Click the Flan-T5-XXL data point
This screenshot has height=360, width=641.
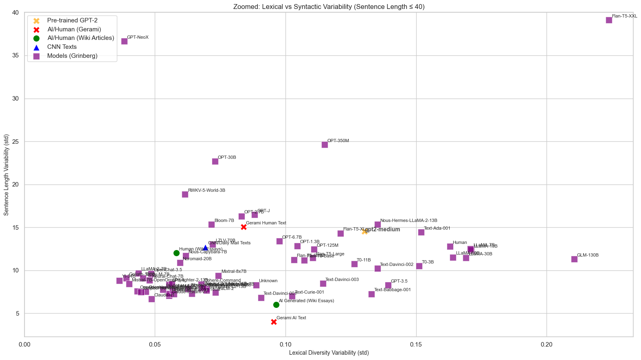pyautogui.click(x=609, y=20)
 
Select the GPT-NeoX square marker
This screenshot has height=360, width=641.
pyautogui.click(x=124, y=41)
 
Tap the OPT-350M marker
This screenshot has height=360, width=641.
pyautogui.click(x=325, y=145)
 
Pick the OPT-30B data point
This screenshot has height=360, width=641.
pyautogui.click(x=215, y=161)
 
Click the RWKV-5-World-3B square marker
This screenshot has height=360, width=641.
pyautogui.click(x=185, y=194)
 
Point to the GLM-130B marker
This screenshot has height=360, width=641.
pyautogui.click(x=574, y=259)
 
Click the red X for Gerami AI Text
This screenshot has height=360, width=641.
pyautogui.click(x=274, y=322)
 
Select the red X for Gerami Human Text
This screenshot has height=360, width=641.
pyautogui.click(x=244, y=227)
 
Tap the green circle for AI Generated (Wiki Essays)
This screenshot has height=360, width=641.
pyautogui.click(x=276, y=305)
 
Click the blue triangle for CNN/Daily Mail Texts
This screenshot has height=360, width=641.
pyautogui.click(x=205, y=247)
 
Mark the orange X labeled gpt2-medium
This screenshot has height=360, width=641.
pyautogui.click(x=364, y=231)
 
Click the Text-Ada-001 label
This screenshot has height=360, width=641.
pyautogui.click(x=437, y=228)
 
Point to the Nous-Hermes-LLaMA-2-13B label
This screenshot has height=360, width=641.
pyautogui.click(x=408, y=221)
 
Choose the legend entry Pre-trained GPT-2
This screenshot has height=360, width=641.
pyautogui.click(x=72, y=20)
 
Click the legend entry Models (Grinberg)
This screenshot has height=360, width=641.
pyautogui.click(x=72, y=56)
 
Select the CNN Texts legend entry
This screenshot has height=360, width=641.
pyautogui.click(x=62, y=47)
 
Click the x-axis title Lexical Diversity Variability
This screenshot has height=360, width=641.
pyautogui.click(x=329, y=353)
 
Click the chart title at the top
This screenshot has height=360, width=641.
pyautogui.click(x=329, y=7)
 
